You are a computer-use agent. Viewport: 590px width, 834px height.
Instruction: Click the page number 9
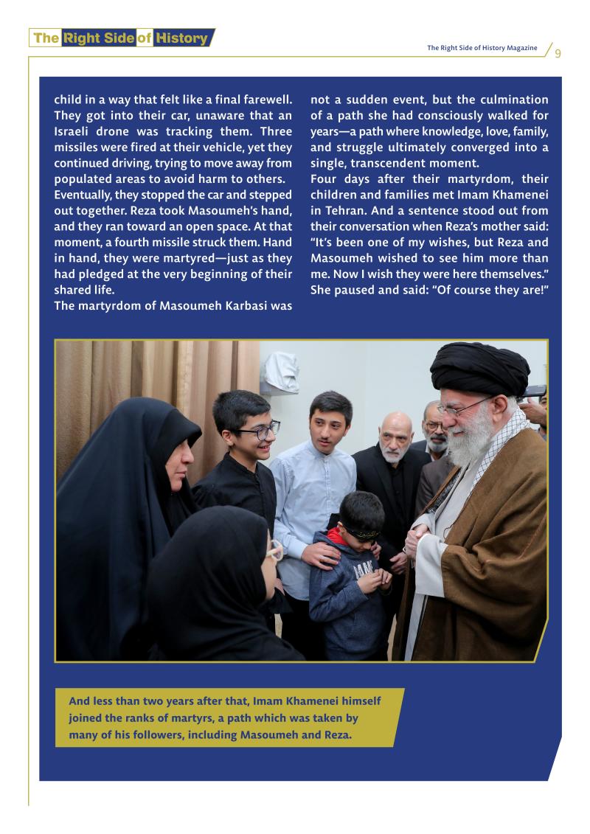(x=558, y=52)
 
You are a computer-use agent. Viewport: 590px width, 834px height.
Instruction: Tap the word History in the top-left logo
(x=181, y=38)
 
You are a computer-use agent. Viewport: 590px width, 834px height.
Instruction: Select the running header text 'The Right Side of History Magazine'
(x=482, y=48)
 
